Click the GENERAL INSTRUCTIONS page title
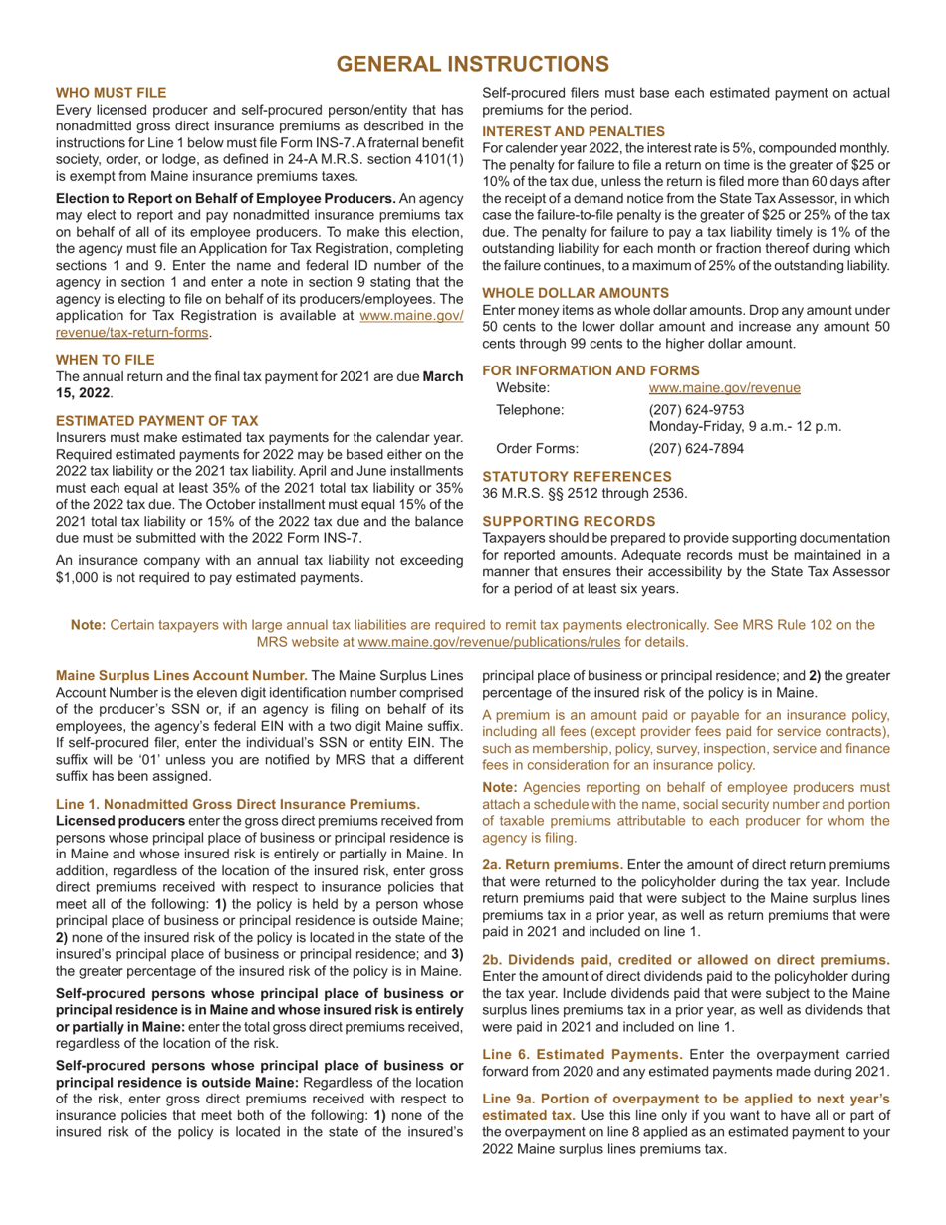(x=473, y=64)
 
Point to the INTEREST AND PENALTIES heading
(x=574, y=130)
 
